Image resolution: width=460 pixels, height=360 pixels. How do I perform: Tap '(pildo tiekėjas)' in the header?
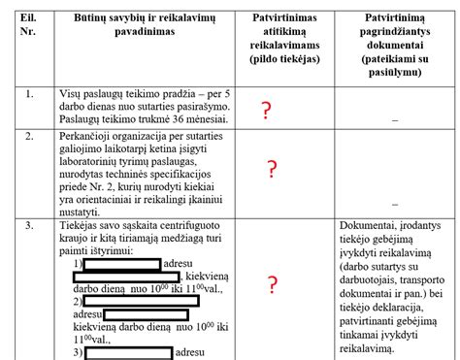point(286,60)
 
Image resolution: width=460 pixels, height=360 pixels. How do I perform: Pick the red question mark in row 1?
point(266,112)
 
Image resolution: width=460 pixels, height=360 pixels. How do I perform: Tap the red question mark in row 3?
point(273,284)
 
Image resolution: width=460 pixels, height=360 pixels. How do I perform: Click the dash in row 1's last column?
point(395,118)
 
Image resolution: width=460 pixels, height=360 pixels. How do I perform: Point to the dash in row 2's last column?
point(395,205)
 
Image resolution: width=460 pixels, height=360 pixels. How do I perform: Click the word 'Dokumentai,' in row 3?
point(370,226)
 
